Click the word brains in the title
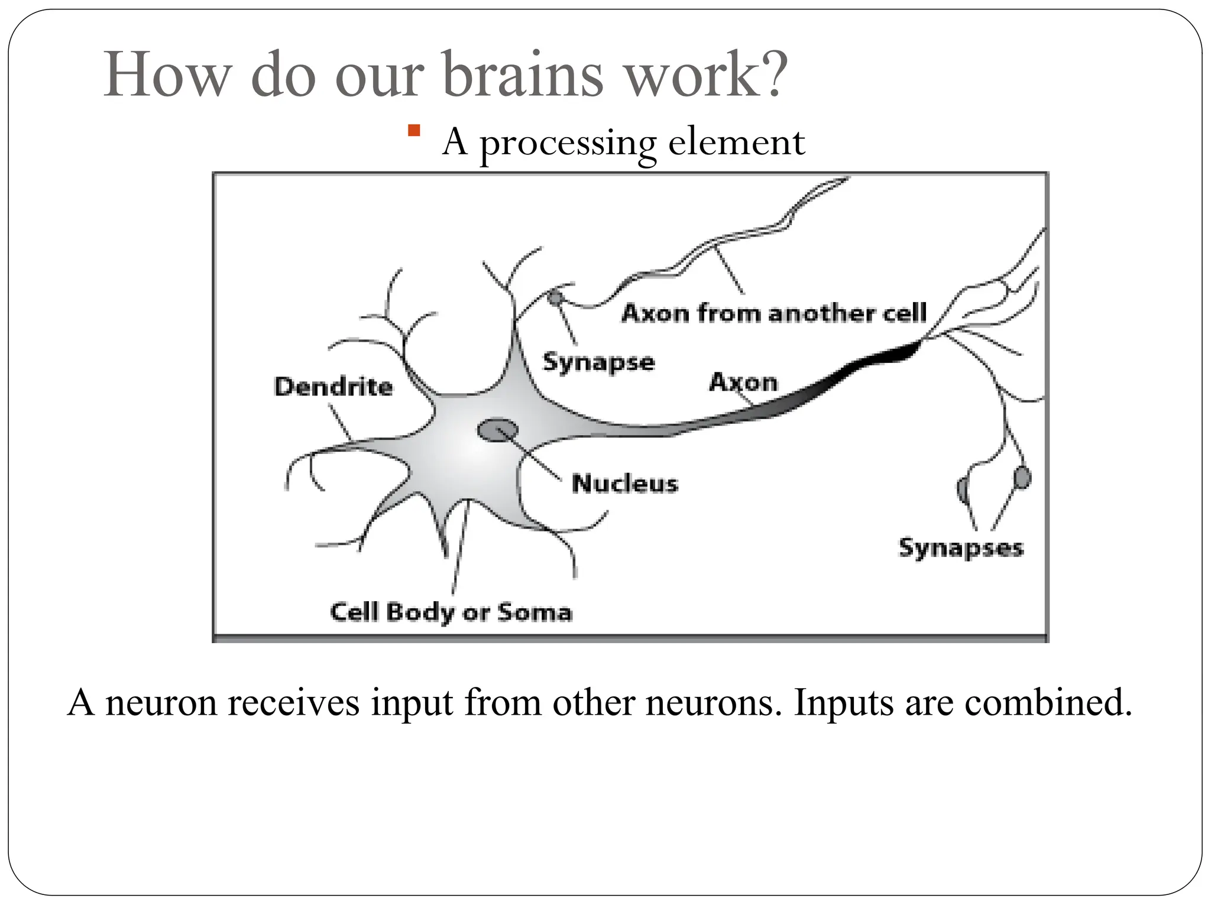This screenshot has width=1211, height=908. coord(523,75)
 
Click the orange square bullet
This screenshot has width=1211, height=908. coord(414,130)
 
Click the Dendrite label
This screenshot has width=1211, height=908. coord(333,387)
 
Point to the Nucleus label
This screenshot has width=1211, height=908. coord(624,484)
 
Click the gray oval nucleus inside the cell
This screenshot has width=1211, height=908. coord(497,430)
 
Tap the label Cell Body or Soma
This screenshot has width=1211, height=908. coord(451,612)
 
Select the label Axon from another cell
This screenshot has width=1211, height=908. coord(773,313)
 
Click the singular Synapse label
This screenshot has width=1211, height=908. coord(598,362)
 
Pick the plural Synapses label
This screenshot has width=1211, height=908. coord(960,548)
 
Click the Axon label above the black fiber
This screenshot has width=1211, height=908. coord(743,382)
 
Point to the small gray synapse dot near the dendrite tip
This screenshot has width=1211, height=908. coord(554,297)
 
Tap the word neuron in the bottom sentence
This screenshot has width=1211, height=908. coord(161,703)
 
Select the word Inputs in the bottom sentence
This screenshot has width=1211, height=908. coord(843,703)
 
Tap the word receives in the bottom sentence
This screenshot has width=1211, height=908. coord(293,703)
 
